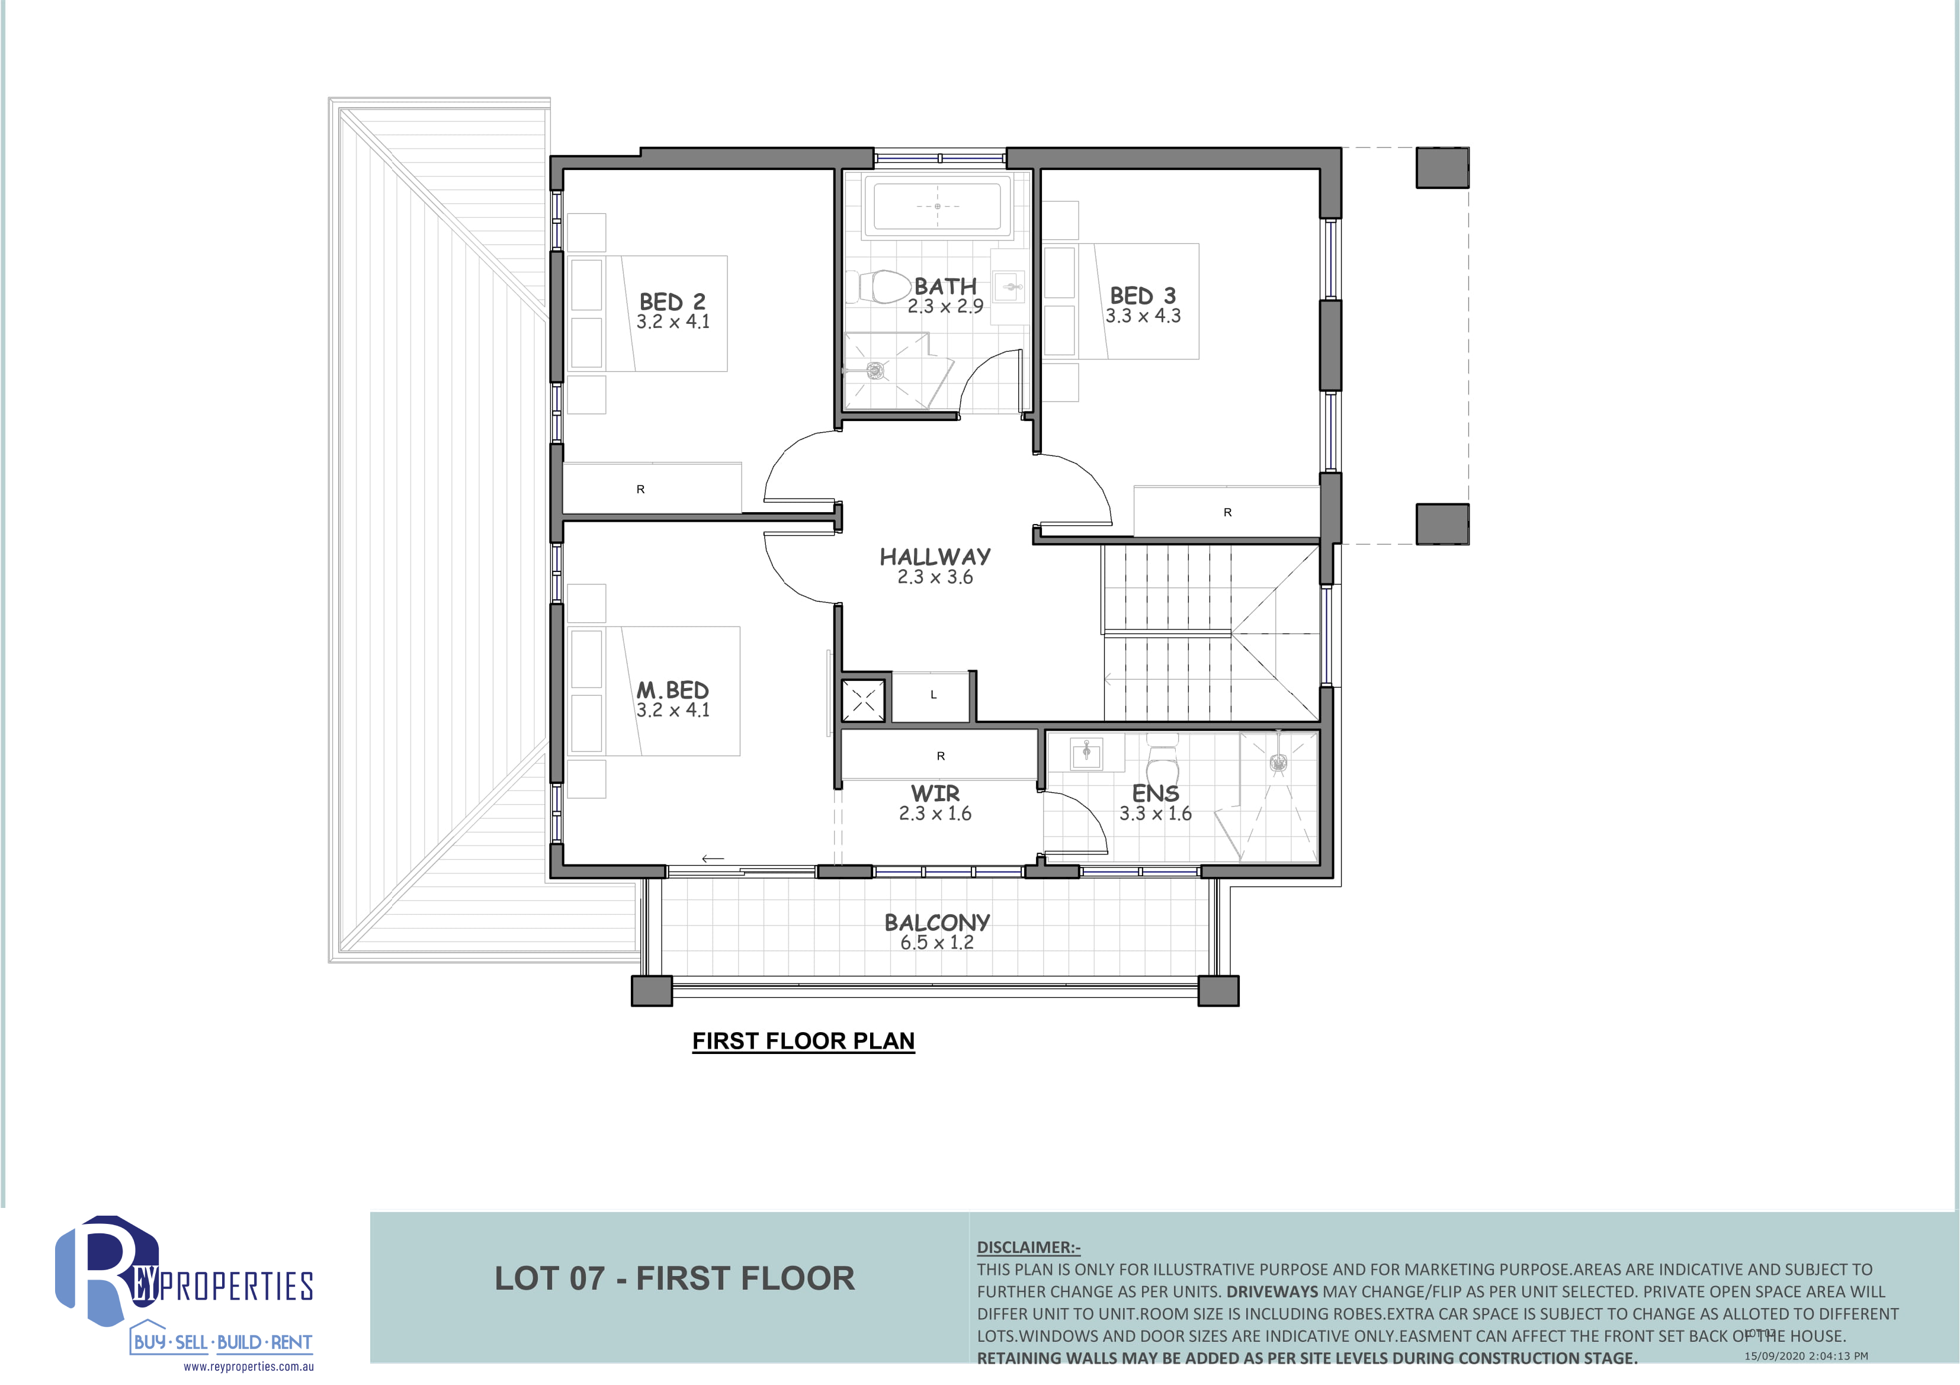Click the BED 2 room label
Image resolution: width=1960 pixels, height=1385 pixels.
tap(673, 301)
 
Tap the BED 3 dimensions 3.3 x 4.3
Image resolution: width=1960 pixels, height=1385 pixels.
tap(1143, 316)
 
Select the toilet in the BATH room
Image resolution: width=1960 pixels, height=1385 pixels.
tap(878, 287)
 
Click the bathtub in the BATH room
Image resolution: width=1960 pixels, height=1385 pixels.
tap(937, 207)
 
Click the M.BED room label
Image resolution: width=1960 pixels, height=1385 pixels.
tap(673, 689)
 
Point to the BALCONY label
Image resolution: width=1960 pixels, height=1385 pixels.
tap(936, 923)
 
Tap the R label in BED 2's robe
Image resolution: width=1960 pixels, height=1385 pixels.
tap(640, 489)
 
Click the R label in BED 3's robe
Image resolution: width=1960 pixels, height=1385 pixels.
tap(1227, 512)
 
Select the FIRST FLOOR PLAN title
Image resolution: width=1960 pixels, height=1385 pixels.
tap(803, 1041)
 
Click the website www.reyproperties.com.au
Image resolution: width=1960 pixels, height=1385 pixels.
tap(248, 1366)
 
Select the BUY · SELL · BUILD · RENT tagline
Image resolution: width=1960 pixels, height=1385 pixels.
tap(222, 1342)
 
